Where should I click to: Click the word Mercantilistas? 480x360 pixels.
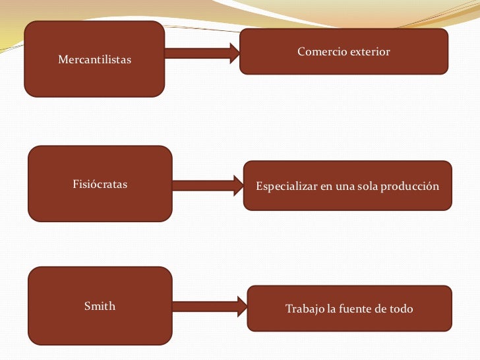click(94, 61)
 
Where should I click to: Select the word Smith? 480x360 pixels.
click(100, 306)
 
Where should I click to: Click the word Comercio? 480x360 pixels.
click(319, 51)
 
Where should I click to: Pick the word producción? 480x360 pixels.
click(409, 187)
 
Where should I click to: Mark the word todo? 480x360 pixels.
click(401, 309)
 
